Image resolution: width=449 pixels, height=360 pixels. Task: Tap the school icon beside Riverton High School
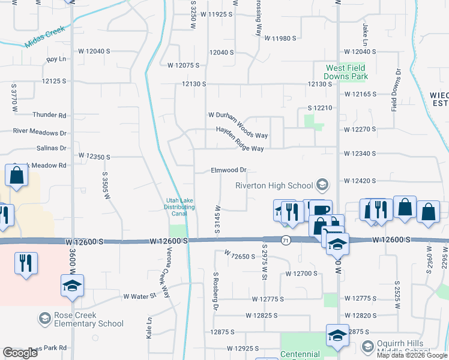pyautogui.click(x=322, y=185)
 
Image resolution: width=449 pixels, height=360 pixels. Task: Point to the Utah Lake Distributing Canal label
pyautogui.click(x=180, y=207)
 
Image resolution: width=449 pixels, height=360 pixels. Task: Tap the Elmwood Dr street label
pyautogui.click(x=229, y=170)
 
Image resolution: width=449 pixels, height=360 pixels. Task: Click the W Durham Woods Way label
pyautogui.click(x=238, y=115)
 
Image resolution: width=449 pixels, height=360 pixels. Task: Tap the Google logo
pyautogui.click(x=20, y=353)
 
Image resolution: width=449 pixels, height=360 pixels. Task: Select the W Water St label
pyautogui.click(x=139, y=296)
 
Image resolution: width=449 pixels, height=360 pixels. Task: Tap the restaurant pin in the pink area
pyautogui.click(x=26, y=264)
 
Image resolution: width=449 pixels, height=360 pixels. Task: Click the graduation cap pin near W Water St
pyautogui.click(x=72, y=287)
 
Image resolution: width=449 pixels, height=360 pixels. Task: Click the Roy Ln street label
pyautogui.click(x=56, y=59)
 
